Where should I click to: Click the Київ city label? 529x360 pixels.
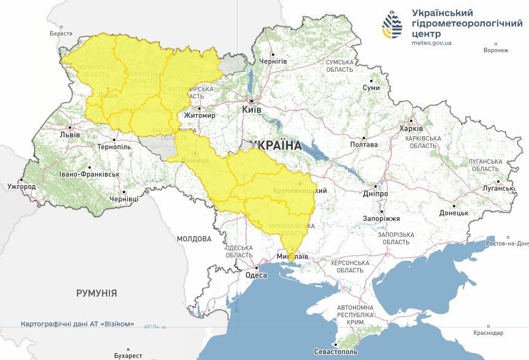(252, 109)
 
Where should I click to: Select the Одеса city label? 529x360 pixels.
(256, 275)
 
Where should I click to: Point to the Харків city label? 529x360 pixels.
(411, 129)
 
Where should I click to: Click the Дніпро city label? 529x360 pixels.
(375, 193)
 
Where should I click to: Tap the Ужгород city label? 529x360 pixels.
(21, 186)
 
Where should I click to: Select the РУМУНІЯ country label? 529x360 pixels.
(96, 294)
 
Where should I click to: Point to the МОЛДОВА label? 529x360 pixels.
(194, 239)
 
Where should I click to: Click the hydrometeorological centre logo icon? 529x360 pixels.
(393, 24)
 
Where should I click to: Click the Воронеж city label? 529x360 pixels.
(496, 51)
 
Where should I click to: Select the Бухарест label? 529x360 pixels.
(128, 356)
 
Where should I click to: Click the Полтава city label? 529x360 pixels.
(363, 145)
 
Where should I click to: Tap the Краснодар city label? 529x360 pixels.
(488, 333)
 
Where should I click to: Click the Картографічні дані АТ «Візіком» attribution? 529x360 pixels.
(77, 324)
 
